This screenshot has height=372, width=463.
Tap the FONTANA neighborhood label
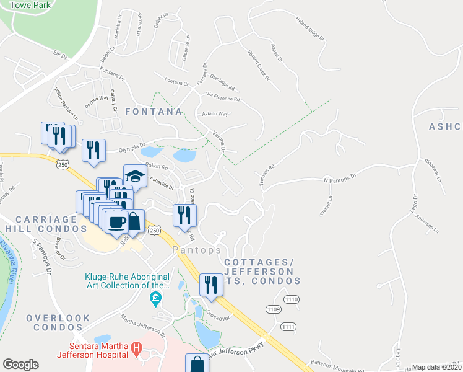point(154,112)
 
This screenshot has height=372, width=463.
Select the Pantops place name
point(197,250)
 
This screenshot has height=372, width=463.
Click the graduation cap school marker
point(134,176)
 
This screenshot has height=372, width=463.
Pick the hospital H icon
point(136,352)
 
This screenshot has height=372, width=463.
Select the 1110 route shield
point(292,299)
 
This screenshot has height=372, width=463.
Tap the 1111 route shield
point(288,326)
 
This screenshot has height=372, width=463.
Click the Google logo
point(20,365)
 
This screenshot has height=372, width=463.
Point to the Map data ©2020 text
point(436,367)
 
